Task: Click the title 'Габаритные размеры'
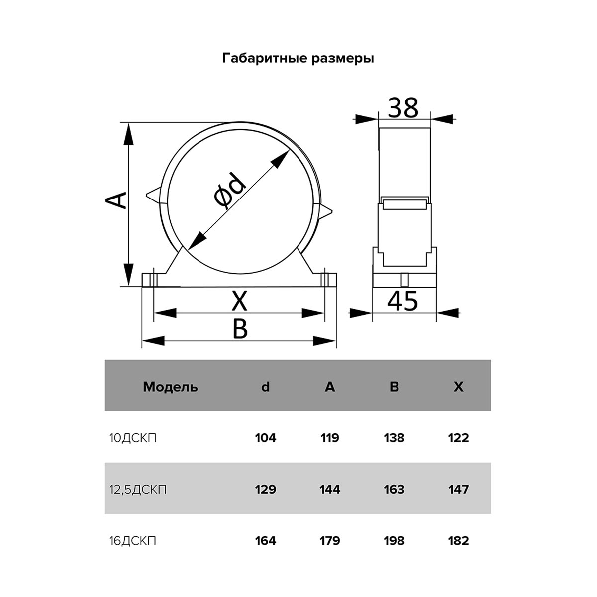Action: (298, 59)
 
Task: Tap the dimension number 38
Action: (403, 108)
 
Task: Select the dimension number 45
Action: (402, 301)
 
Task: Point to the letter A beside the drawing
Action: (115, 200)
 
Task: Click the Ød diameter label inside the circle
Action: (229, 190)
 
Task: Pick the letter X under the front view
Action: (239, 301)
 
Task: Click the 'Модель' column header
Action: (170, 387)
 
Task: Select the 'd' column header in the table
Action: (265, 387)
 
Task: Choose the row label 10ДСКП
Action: (133, 438)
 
